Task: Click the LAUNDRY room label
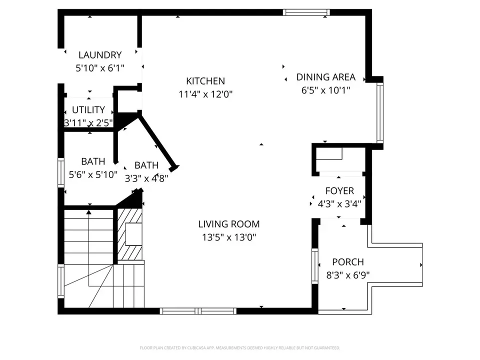pyautogui.click(x=100, y=55)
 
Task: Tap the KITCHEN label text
pyautogui.click(x=205, y=81)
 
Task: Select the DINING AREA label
pyautogui.click(x=325, y=77)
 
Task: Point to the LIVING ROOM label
pyautogui.click(x=229, y=224)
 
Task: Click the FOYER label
pyautogui.click(x=339, y=191)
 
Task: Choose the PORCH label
pyautogui.click(x=348, y=262)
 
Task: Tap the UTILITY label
pyautogui.click(x=88, y=109)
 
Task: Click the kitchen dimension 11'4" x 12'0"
pyautogui.click(x=205, y=94)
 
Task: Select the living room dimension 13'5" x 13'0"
pyautogui.click(x=229, y=237)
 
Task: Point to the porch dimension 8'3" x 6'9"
pyautogui.click(x=348, y=275)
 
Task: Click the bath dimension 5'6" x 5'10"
pyautogui.click(x=93, y=175)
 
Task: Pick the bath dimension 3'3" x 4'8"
pyautogui.click(x=146, y=178)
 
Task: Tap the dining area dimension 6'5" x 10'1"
pyautogui.click(x=325, y=90)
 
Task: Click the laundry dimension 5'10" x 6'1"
pyautogui.click(x=100, y=68)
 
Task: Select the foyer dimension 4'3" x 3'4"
pyautogui.click(x=339, y=204)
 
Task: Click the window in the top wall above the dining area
pyautogui.click(x=306, y=12)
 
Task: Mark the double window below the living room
pyautogui.click(x=198, y=311)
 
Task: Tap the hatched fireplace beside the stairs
pyautogui.click(x=130, y=234)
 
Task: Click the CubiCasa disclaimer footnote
pyautogui.click(x=239, y=348)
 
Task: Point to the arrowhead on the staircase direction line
pyautogui.click(x=89, y=212)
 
